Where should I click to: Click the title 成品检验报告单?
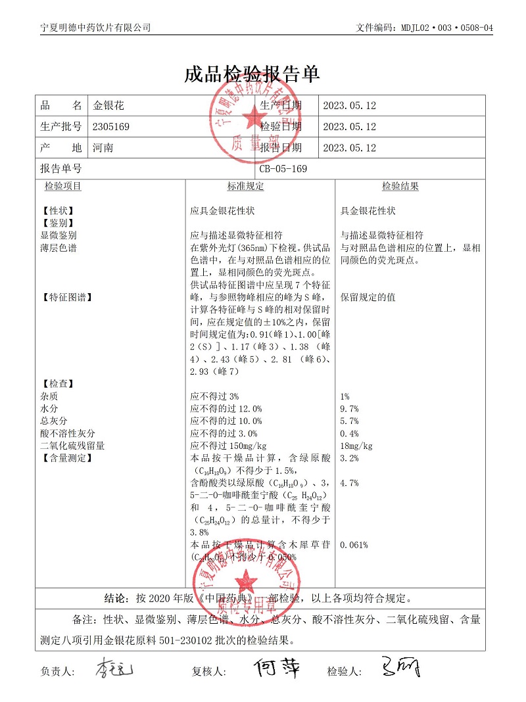(x=252, y=74)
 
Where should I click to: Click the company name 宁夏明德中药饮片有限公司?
(x=96, y=28)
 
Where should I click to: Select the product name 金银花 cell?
(x=108, y=105)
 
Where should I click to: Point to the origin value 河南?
(x=103, y=148)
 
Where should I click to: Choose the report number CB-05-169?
(x=283, y=169)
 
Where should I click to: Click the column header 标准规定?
(x=246, y=187)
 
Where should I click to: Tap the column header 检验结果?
(x=400, y=187)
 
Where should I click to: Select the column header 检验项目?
(x=63, y=187)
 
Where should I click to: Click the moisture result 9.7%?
(x=349, y=409)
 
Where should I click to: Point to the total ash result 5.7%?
(x=349, y=421)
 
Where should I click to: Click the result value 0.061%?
(x=354, y=545)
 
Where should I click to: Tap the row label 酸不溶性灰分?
(x=68, y=434)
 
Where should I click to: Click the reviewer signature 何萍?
(x=277, y=668)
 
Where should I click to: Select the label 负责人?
(x=58, y=672)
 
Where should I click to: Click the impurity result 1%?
(x=345, y=396)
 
